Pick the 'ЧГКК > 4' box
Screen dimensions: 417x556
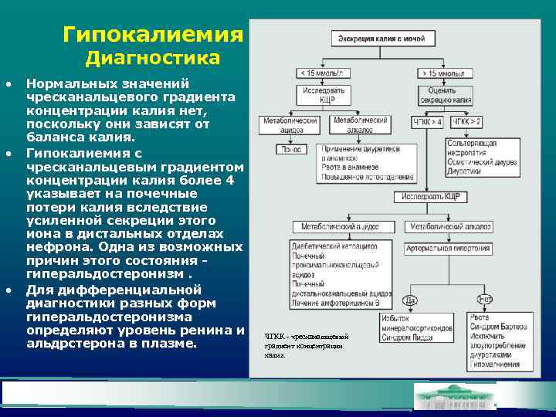428,122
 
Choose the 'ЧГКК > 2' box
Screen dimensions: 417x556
466,122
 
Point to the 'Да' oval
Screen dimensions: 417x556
411,300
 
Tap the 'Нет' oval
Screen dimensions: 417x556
485,300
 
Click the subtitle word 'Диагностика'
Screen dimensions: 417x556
152,59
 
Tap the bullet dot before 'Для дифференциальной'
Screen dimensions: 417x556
8,290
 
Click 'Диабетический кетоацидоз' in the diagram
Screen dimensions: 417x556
335,245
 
